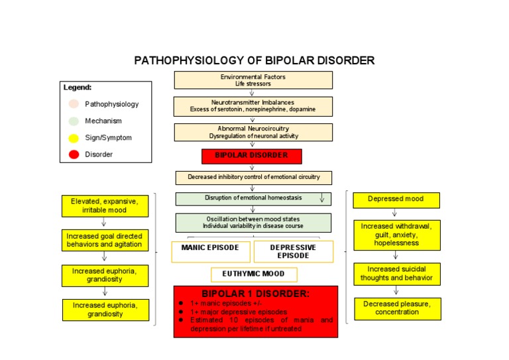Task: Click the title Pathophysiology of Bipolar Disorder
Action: (254, 60)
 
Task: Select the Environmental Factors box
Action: (253, 80)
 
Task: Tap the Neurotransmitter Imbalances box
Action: (253, 106)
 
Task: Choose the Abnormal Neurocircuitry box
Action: (253, 132)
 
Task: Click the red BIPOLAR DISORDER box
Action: (252, 156)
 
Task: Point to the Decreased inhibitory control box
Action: (253, 178)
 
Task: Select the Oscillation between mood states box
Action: (253, 222)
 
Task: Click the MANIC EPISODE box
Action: (211, 251)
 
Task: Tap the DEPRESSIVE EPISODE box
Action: (293, 251)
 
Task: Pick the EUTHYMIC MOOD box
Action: (254, 274)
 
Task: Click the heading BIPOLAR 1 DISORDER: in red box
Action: (256, 294)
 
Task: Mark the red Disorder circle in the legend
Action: (74, 154)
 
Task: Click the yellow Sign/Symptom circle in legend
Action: (74, 138)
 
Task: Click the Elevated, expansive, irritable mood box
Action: (105, 206)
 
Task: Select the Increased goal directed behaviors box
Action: (105, 240)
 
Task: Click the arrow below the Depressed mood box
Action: (394, 213)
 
